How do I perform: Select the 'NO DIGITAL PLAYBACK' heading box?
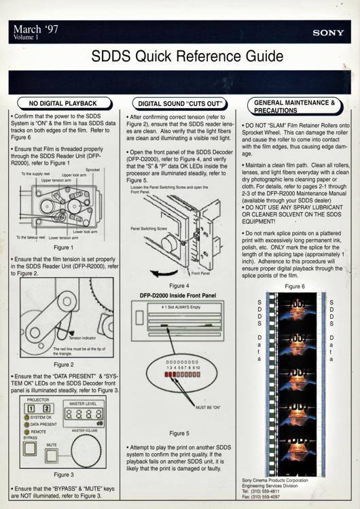click(61, 103)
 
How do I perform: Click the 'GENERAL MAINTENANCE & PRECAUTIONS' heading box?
click(294, 105)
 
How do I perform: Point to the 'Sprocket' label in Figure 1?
click(93, 169)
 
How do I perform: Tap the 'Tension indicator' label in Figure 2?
click(84, 338)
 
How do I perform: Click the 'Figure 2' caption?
click(63, 364)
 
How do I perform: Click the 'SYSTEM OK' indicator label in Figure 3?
click(43, 417)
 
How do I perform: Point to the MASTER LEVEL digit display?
click(86, 413)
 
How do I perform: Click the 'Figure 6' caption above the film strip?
click(294, 286)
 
